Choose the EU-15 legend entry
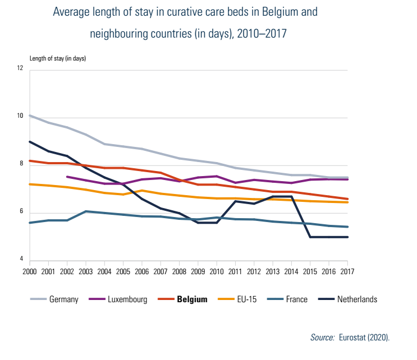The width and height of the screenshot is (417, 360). [248, 299]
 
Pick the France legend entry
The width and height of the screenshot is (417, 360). [296, 299]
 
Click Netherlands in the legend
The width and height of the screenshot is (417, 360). [357, 299]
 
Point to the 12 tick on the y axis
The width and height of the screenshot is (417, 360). [20, 69]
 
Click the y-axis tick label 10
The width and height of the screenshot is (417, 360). [20, 117]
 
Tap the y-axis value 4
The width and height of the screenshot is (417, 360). [21, 260]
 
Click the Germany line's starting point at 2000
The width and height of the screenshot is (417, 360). [30, 116]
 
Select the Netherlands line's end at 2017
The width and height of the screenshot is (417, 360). [347, 237]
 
